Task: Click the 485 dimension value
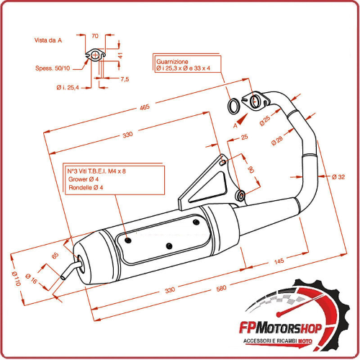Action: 145,108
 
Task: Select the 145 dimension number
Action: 277,261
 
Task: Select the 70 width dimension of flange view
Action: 95,34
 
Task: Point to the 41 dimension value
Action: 120,54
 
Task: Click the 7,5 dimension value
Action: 125,79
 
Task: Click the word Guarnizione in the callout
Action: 172,62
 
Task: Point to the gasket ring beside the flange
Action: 235,107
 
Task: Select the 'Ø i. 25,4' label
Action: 68,87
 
